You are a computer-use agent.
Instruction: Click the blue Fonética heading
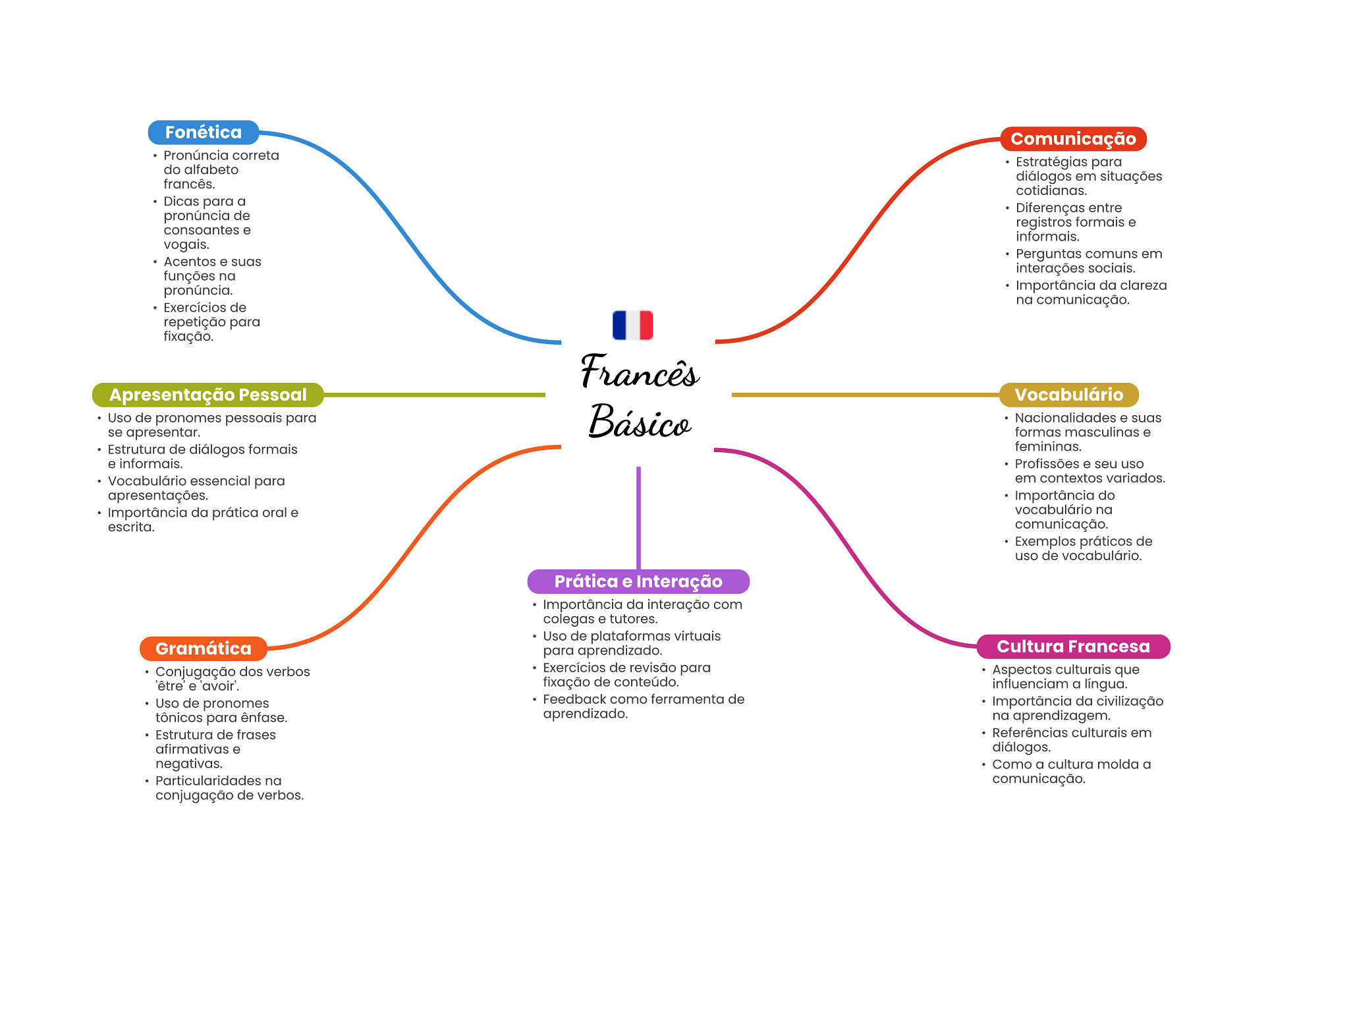point(204,132)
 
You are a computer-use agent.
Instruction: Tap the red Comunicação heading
point(1073,139)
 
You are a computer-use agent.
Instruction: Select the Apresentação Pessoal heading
point(208,395)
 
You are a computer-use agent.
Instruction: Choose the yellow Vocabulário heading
point(1069,395)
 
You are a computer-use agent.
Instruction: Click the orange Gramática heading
point(204,648)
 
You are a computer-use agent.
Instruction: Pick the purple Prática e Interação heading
point(638,581)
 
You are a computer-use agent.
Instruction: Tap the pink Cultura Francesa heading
point(1074,646)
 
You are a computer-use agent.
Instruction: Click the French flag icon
point(632,325)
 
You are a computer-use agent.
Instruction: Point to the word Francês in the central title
point(640,371)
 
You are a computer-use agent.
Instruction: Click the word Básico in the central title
point(640,421)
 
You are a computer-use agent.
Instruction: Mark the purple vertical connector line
point(638,518)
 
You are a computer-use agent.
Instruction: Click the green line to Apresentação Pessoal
point(435,395)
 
